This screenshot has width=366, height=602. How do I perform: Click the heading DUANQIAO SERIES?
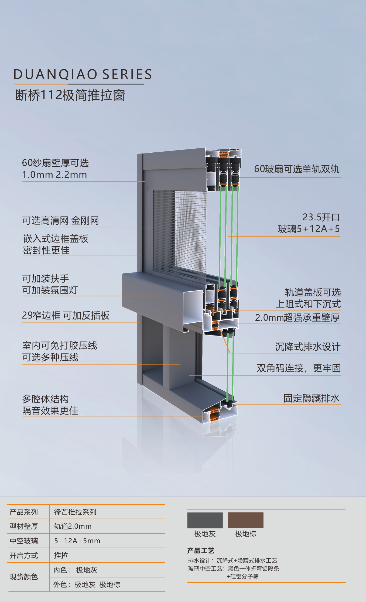tap(83, 74)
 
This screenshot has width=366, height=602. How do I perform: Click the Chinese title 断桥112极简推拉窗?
tap(70, 95)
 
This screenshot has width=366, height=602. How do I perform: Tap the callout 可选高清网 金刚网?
tap(60, 221)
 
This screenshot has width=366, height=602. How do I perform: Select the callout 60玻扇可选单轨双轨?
tap(297, 169)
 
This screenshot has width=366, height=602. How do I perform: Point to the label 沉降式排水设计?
tap(308, 347)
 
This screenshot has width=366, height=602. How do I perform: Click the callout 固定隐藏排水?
tap(312, 398)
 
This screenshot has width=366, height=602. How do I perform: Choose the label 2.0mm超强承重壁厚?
tap(297, 317)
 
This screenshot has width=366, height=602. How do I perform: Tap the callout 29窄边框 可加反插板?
tap(66, 315)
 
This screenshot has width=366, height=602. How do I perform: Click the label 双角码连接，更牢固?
tap(299, 368)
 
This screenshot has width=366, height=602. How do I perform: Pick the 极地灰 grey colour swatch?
tap(205, 520)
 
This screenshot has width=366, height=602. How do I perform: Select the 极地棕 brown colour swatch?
tap(246, 520)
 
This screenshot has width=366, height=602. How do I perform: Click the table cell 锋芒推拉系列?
tap(75, 512)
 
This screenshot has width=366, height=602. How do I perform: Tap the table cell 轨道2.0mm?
tap(73, 526)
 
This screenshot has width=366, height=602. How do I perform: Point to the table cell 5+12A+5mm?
tap(77, 541)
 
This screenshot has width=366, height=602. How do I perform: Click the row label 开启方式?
tap(24, 555)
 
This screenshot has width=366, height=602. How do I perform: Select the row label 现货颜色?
tap(24, 577)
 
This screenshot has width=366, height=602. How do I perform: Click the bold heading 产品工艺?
tap(201, 550)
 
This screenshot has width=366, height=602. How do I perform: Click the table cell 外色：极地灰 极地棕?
tap(87, 584)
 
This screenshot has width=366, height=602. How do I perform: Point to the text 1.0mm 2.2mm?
tap(54, 175)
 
